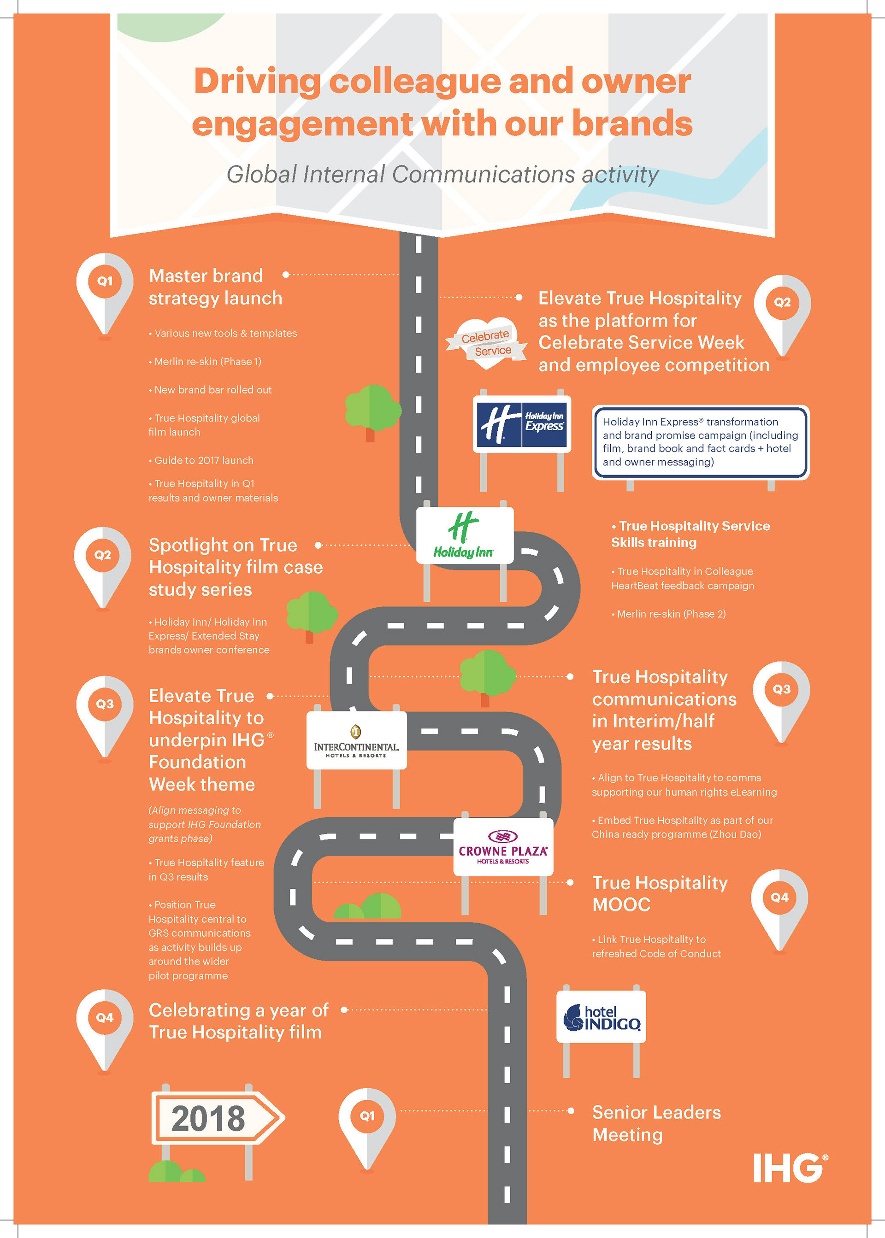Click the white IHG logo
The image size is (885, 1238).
(791, 1168)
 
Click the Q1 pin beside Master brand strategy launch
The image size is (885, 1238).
(105, 294)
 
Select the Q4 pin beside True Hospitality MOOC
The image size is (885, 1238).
(779, 910)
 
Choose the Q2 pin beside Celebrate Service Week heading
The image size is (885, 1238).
(782, 316)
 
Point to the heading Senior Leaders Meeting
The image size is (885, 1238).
(656, 1123)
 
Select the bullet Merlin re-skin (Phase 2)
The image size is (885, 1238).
(669, 614)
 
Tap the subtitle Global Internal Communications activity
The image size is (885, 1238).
(442, 175)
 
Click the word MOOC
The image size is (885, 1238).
(621, 905)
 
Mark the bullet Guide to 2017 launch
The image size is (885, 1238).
(201, 460)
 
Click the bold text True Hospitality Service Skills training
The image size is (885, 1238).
(690, 534)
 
